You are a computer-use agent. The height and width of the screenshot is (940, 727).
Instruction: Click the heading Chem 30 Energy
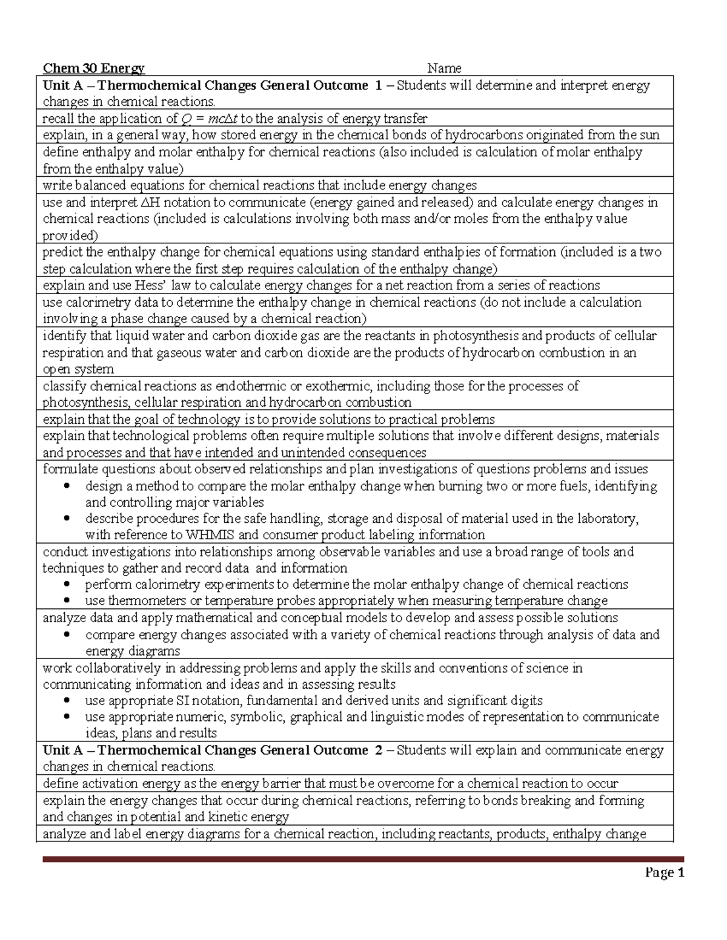pos(93,68)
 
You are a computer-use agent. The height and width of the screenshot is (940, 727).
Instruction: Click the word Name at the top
pos(444,68)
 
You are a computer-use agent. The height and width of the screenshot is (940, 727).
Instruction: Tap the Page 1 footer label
pos(664,872)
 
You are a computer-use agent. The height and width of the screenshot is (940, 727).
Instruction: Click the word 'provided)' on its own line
pos(70,235)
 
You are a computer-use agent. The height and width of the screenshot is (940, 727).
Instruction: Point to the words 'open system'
pos(78,369)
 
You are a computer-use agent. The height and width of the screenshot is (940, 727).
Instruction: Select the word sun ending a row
pos(649,135)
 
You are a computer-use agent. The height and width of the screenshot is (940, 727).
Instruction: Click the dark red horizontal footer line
pos(363,859)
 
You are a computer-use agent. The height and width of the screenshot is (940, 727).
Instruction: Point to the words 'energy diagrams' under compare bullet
pos(133,651)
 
